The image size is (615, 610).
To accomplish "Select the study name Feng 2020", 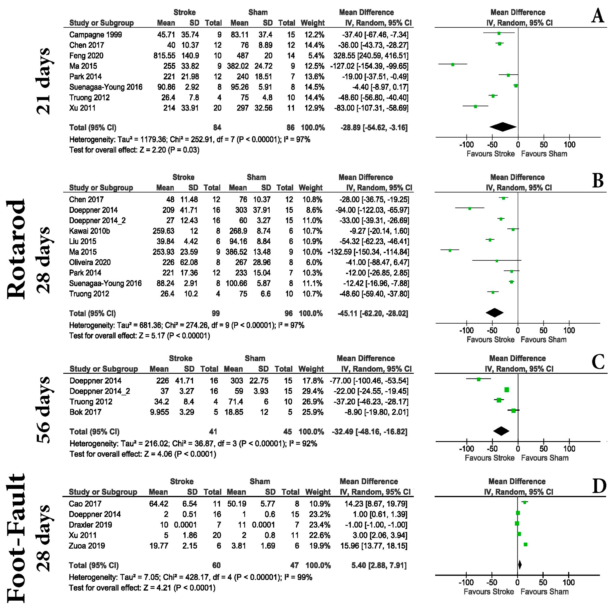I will (x=86, y=56).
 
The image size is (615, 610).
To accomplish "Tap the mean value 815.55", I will (x=164, y=56).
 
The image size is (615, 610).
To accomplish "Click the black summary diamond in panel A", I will (x=503, y=127).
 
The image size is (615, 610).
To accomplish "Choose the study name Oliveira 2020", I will (x=90, y=263).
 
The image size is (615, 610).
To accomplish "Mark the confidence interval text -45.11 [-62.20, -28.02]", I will (x=373, y=313).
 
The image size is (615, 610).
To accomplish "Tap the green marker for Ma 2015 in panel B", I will (x=450, y=250).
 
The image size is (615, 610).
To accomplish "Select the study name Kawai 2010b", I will (x=89, y=231).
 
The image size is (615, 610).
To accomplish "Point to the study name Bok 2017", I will (x=85, y=412).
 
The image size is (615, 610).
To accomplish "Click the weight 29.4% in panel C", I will (x=313, y=391).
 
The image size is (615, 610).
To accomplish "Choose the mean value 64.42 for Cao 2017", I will (x=158, y=504).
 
